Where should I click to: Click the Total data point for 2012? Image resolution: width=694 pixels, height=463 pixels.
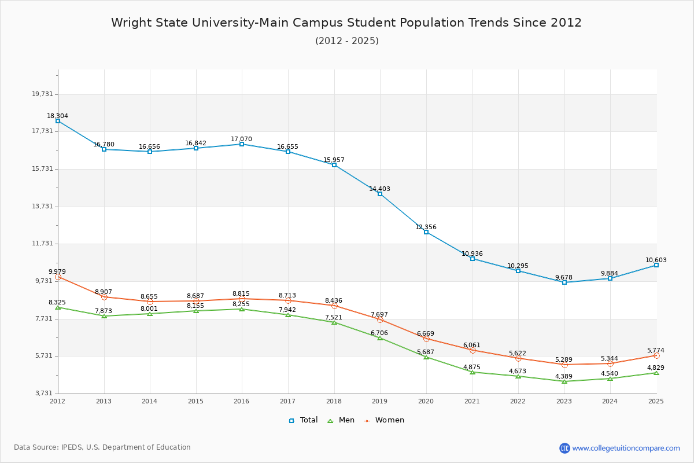point(58,121)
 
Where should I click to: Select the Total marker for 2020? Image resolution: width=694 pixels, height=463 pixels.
point(426,232)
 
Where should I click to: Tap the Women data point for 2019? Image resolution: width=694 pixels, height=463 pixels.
point(380,319)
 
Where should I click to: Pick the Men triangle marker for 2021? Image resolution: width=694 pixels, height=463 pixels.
point(472,372)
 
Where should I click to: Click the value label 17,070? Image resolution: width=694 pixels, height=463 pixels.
point(241,139)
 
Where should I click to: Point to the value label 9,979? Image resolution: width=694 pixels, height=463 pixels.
point(57,271)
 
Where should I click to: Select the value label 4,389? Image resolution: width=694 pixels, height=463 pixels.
point(564,377)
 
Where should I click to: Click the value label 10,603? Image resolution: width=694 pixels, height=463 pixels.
point(656,260)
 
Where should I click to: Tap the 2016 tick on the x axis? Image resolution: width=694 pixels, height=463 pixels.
point(241,400)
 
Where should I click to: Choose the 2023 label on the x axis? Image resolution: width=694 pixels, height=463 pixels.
point(564,400)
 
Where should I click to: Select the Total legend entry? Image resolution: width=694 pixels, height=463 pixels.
point(303,420)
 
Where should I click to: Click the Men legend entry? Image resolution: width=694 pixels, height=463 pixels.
point(342,420)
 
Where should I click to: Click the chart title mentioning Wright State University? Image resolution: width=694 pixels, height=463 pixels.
point(346,23)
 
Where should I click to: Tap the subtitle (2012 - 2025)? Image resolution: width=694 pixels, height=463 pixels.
point(346,41)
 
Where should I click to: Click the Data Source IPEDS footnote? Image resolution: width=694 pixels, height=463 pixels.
point(102,447)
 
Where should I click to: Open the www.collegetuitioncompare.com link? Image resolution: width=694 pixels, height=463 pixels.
point(626,448)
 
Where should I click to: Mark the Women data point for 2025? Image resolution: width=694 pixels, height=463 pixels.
point(656,355)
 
